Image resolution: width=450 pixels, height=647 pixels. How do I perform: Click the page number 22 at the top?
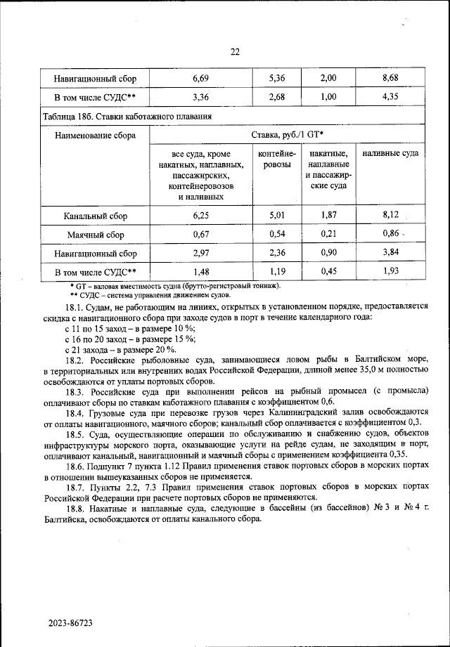click(x=235, y=51)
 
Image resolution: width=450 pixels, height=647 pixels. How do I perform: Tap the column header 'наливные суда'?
click(x=391, y=153)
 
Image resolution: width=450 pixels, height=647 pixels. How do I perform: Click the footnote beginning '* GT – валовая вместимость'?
click(x=175, y=286)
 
